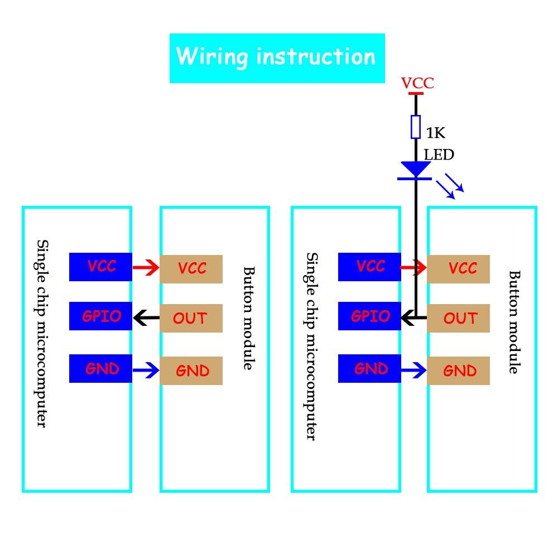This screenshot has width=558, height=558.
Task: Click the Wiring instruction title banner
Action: (x=277, y=58)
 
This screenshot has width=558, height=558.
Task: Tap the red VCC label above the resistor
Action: (x=417, y=84)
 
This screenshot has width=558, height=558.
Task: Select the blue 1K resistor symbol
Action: (x=416, y=127)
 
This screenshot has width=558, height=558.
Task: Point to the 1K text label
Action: (x=436, y=133)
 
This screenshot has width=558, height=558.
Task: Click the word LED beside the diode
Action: (x=439, y=155)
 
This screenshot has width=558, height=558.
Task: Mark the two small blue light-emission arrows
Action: (x=450, y=186)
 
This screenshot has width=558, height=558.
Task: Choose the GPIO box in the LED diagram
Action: (x=369, y=316)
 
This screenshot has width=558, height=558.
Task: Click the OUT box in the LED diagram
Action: (x=459, y=318)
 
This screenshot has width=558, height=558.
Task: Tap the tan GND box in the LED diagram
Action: (x=459, y=371)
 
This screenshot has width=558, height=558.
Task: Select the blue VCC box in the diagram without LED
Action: (x=100, y=267)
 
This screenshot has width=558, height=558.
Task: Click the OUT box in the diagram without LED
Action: (x=191, y=318)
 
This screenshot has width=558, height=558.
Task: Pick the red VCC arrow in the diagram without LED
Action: (x=146, y=268)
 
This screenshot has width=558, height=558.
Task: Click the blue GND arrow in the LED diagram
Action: (x=414, y=369)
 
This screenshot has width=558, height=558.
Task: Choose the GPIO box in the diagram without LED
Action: (x=100, y=316)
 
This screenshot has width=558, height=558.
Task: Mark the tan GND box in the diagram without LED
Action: (x=191, y=371)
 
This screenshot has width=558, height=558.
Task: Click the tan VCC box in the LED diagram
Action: (x=459, y=268)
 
